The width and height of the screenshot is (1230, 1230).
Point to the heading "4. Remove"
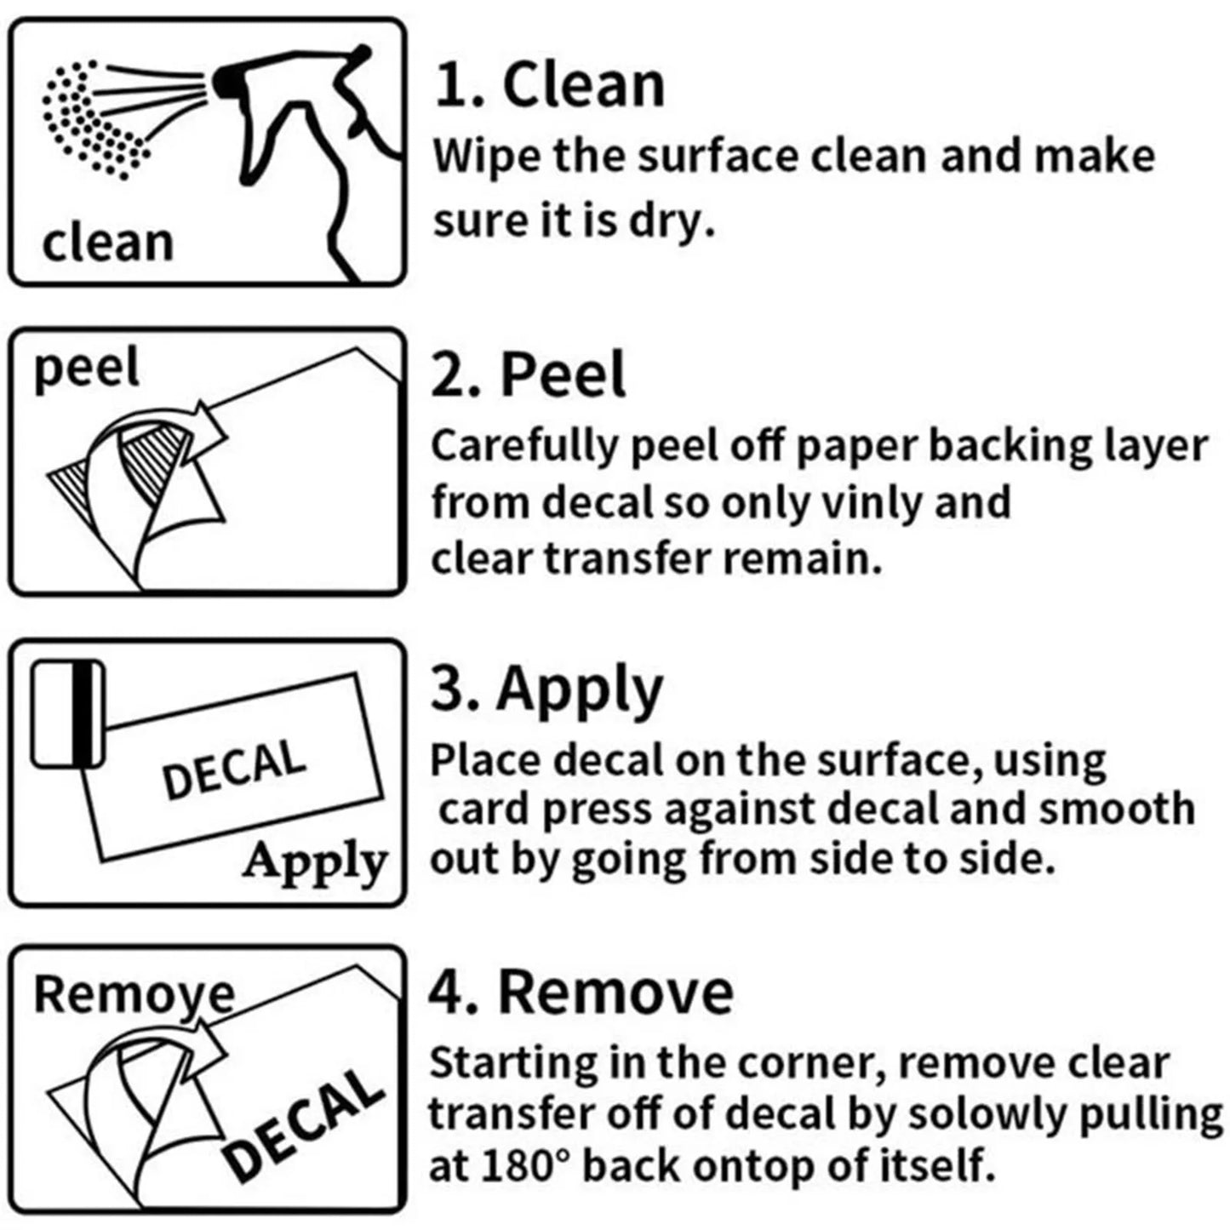(581, 993)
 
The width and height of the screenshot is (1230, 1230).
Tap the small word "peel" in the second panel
(86, 370)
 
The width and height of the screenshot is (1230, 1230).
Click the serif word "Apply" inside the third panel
(315, 863)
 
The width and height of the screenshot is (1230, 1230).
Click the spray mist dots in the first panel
(93, 118)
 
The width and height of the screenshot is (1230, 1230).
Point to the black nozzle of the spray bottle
(226, 81)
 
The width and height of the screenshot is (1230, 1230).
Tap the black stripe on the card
(82, 714)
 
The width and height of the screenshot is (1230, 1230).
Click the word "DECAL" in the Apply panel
(234, 769)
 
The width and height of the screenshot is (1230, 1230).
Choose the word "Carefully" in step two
(524, 446)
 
